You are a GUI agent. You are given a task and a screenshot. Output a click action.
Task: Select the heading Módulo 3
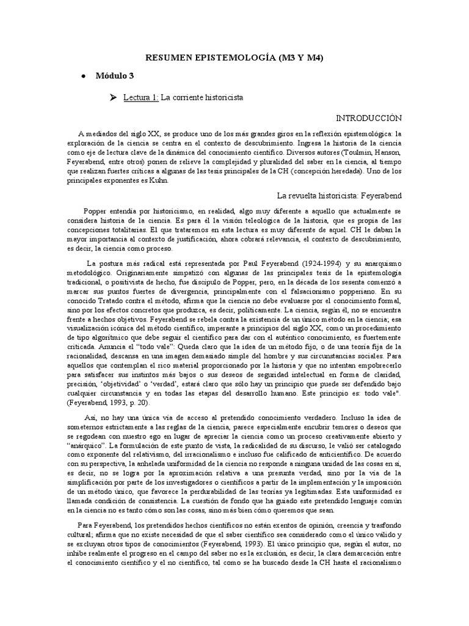click(x=114, y=76)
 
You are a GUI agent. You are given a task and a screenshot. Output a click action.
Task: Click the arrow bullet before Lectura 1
click(x=112, y=97)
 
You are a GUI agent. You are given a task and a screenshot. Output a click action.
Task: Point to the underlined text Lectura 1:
click(x=140, y=97)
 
